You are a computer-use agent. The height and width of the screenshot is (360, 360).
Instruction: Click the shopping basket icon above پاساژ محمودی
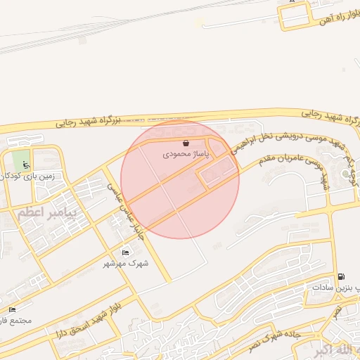coord(186,143)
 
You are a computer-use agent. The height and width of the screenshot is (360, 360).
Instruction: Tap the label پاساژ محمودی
coord(186,153)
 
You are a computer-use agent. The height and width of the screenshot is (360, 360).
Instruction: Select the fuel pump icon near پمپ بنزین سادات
coord(341,276)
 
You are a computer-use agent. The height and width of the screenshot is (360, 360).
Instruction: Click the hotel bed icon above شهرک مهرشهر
coord(125,252)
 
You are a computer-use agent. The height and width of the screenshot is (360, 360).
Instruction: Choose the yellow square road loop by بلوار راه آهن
coord(295,15)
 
